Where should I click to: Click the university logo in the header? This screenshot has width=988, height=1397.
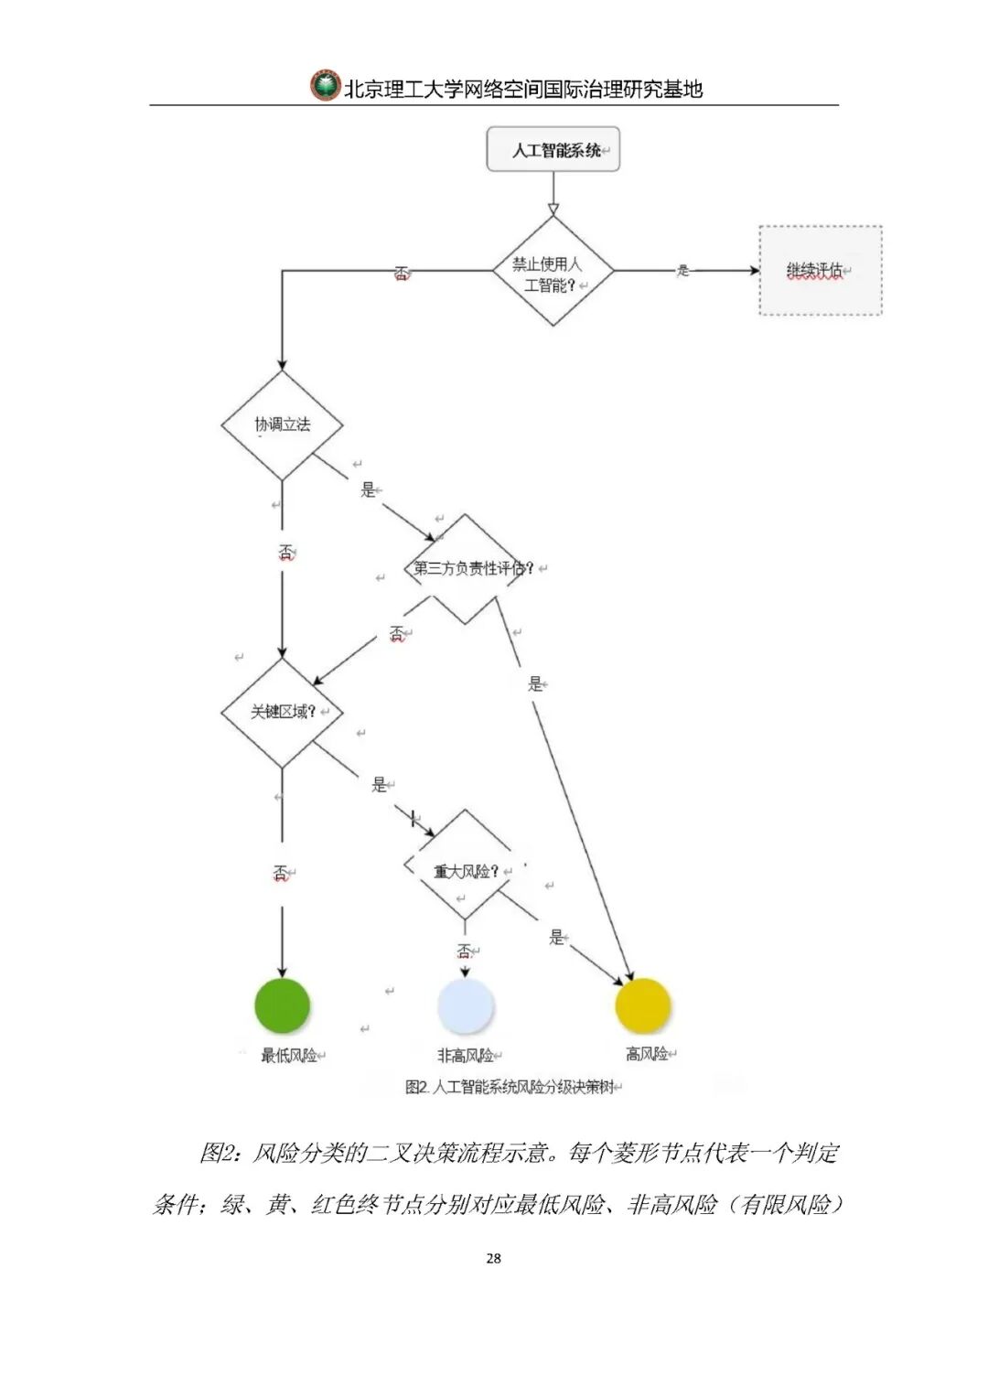point(325,86)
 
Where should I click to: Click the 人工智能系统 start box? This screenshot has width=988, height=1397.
point(553,150)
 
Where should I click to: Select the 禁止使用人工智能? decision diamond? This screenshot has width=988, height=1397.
point(553,271)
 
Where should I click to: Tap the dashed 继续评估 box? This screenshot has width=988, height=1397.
point(821,271)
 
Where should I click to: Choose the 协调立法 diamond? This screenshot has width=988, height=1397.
point(282,424)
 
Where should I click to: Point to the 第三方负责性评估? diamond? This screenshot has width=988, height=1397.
point(467,568)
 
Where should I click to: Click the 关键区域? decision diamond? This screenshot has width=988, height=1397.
point(282,712)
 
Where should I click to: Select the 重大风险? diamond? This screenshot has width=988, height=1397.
point(465,871)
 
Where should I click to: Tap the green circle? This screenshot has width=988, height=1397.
point(283,1004)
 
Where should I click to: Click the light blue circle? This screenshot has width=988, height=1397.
point(465,1005)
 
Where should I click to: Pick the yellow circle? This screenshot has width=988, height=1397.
point(643,1005)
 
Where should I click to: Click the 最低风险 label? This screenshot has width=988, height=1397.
point(289,1056)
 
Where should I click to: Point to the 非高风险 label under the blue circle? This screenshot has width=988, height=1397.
point(466,1056)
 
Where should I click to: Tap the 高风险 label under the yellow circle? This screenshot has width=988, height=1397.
point(647,1054)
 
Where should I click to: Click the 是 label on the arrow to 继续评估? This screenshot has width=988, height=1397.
point(682,271)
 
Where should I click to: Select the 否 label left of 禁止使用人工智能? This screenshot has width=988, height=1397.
point(401,273)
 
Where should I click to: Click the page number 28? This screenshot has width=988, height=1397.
point(493,1258)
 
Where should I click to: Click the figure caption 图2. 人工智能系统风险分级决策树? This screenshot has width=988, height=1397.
point(509,1087)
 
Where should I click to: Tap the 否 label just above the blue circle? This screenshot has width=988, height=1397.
point(465,951)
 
